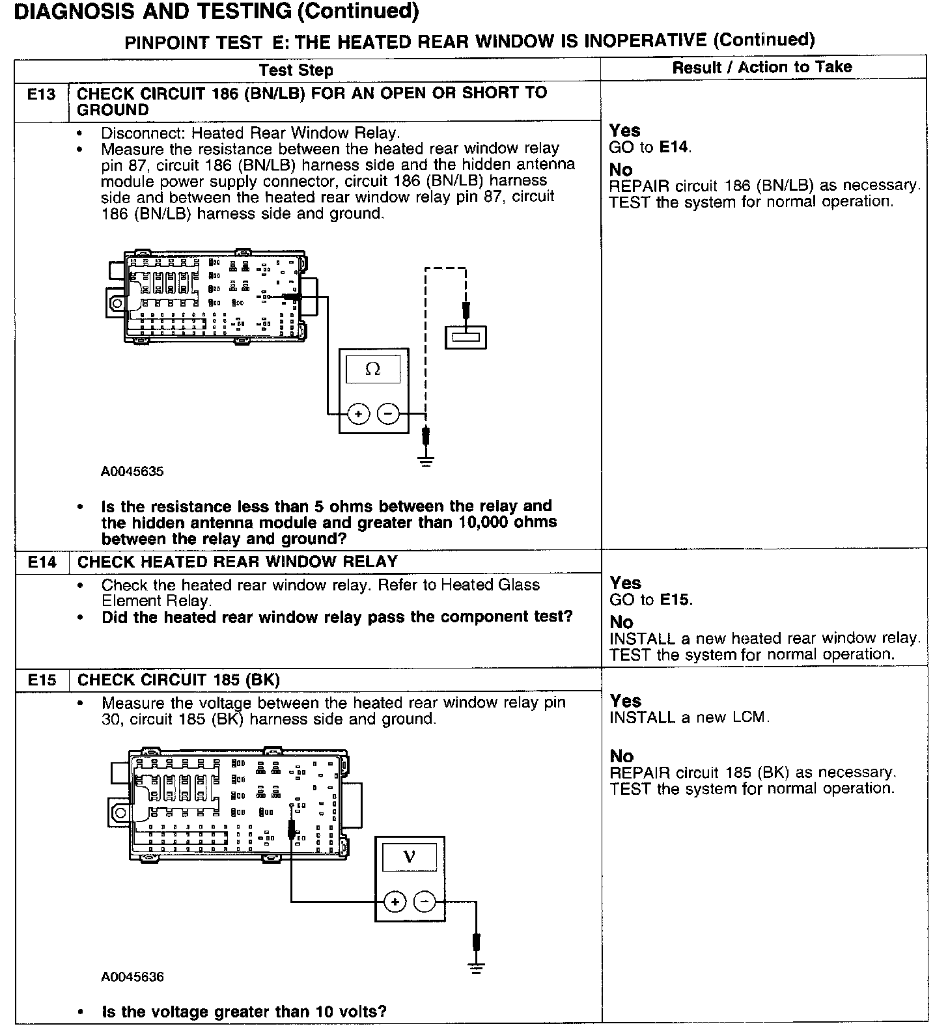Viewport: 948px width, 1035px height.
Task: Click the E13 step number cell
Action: (x=42, y=94)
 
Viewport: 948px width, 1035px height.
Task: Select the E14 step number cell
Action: (x=42, y=562)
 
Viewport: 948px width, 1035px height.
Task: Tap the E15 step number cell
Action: (x=42, y=680)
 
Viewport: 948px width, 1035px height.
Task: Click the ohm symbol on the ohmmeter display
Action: (x=373, y=369)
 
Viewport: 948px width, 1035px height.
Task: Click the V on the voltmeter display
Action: (x=410, y=856)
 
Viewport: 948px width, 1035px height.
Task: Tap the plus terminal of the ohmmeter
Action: (x=358, y=414)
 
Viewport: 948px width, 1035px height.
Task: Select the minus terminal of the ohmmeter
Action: (x=389, y=414)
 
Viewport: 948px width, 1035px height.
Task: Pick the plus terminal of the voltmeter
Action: (x=395, y=902)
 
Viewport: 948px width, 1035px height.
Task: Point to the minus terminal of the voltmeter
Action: (x=425, y=902)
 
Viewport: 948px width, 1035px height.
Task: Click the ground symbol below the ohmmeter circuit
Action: (x=426, y=463)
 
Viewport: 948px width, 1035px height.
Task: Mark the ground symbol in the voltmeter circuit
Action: (x=477, y=968)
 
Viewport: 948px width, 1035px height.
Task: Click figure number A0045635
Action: (x=132, y=471)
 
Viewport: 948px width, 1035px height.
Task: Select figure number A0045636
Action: (x=132, y=976)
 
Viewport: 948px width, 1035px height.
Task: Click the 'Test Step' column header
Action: (x=296, y=70)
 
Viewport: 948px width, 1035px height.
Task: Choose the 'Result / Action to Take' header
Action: (x=762, y=67)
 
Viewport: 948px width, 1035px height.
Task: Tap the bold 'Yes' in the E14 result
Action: (x=625, y=583)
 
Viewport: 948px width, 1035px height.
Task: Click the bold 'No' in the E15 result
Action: (x=622, y=756)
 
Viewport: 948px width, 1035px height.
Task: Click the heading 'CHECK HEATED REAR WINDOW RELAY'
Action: (x=237, y=562)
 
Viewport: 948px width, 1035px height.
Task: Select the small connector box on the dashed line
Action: (x=466, y=337)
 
